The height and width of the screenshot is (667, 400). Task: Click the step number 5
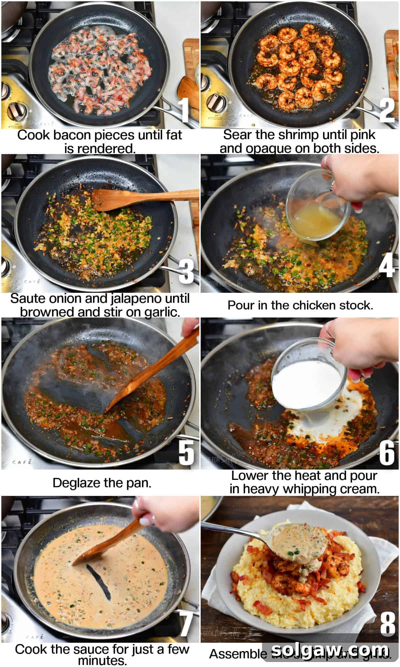(x=186, y=453)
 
